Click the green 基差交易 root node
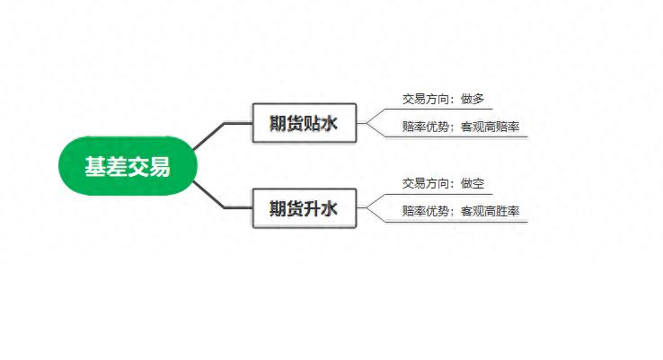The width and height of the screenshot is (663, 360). point(128,165)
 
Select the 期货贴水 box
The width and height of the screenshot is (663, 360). point(305,123)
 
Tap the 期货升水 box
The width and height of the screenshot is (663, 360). point(305,208)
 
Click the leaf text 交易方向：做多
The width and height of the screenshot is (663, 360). point(443,99)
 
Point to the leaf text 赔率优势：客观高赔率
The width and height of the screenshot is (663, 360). point(461,127)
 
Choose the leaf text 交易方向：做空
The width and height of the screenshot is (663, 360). point(443,183)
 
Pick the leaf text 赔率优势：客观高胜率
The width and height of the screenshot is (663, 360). point(461,211)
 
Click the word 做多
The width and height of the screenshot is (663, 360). point(473,99)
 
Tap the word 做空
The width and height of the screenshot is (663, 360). point(473,183)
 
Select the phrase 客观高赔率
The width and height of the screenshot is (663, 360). point(490,127)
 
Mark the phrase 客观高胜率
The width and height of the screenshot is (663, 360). point(490,211)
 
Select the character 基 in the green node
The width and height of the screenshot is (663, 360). point(95,166)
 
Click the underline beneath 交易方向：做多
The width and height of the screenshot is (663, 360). point(439,109)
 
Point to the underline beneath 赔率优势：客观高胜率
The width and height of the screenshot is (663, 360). point(456,222)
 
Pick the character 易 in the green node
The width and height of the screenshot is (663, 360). point(159,166)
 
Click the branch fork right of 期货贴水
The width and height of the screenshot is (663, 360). point(367,123)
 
